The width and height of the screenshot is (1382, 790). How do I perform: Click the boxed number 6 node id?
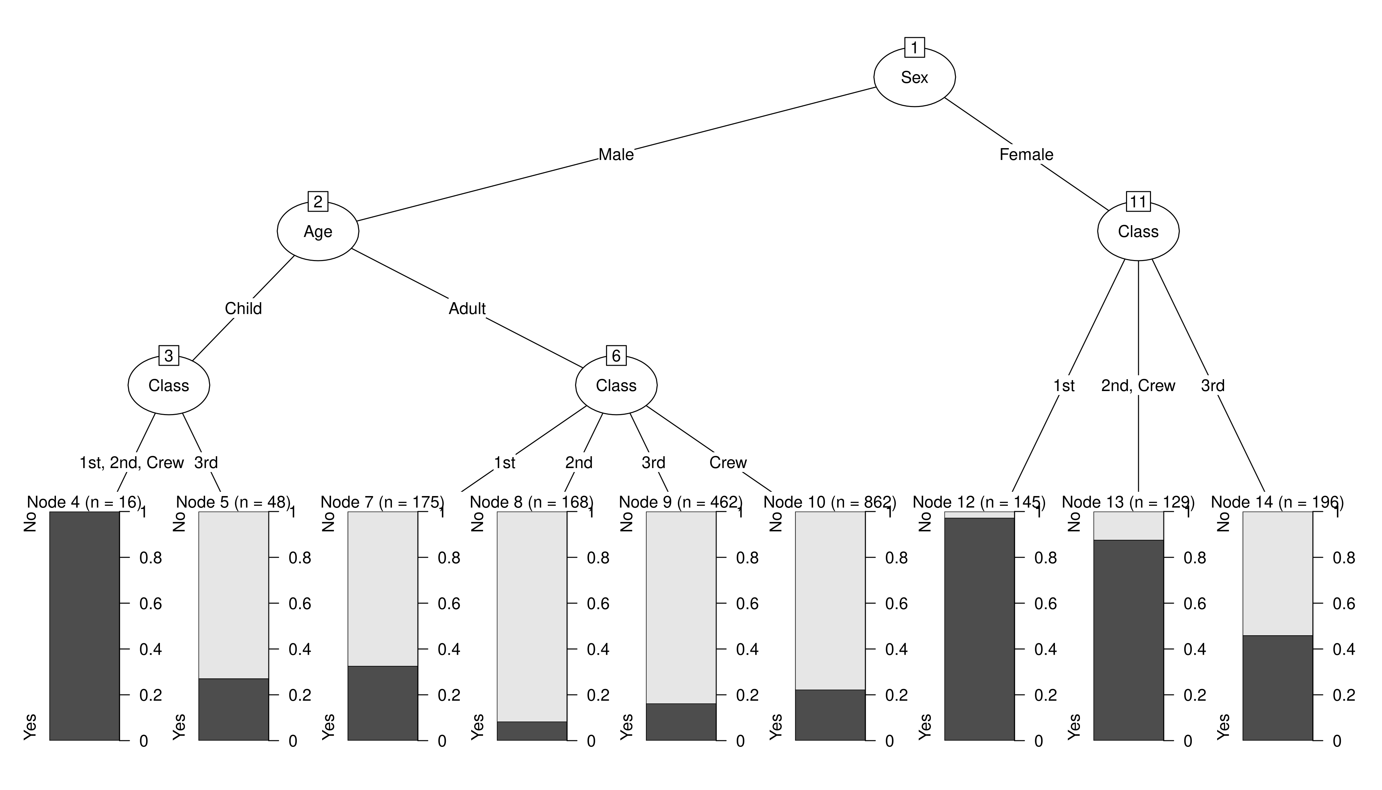(616, 356)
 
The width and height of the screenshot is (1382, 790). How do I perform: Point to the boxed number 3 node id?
(169, 356)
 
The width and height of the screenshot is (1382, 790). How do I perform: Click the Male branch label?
(616, 155)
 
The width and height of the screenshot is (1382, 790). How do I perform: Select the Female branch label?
(1026, 155)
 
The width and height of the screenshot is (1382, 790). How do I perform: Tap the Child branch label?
(243, 309)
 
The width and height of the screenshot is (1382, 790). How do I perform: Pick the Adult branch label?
(467, 309)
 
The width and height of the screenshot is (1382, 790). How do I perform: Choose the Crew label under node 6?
(728, 463)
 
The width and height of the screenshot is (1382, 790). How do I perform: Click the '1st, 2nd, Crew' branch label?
(132, 463)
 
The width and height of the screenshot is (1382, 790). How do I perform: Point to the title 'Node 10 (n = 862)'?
(830, 502)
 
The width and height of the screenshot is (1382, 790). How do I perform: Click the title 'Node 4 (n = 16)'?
(84, 502)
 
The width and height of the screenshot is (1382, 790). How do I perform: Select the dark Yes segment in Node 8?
(532, 731)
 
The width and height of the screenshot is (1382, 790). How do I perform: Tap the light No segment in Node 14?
(1278, 573)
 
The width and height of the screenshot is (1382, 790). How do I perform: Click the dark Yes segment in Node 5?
(234, 709)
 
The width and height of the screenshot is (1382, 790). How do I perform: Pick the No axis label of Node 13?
(1074, 522)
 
